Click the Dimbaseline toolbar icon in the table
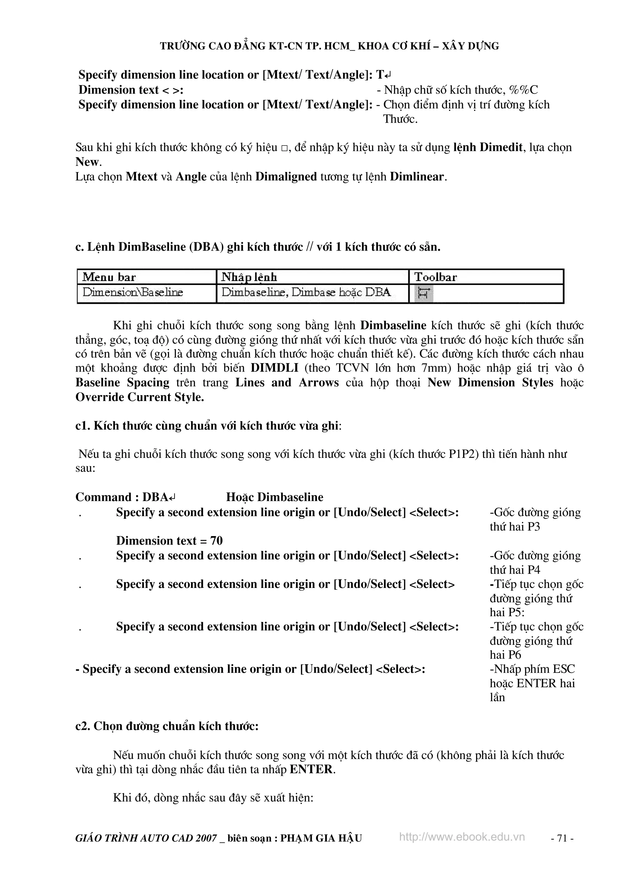click(423, 293)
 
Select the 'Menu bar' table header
click(109, 277)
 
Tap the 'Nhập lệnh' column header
click(249, 277)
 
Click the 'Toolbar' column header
click(435, 277)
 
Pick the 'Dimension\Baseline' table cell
click(133, 292)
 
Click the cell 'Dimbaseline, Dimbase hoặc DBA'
click(306, 292)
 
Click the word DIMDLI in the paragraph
click(274, 368)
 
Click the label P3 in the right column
click(534, 527)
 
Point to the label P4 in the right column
click(534, 570)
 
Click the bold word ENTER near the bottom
click(311, 769)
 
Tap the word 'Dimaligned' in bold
click(286, 177)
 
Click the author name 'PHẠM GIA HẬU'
click(321, 838)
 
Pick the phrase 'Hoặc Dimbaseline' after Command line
click(274, 497)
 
